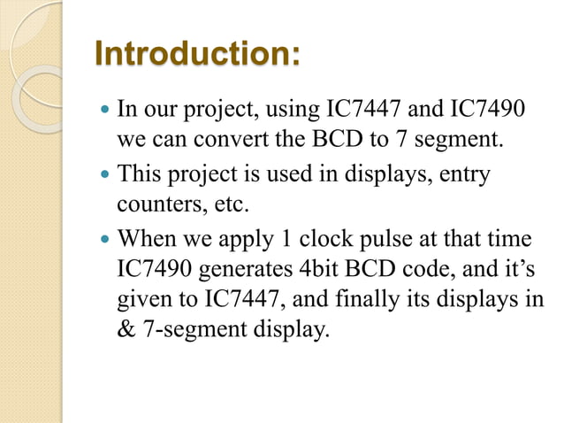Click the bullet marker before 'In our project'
(x=105, y=112)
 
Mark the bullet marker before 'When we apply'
(x=105, y=240)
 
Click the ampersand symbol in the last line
(x=126, y=331)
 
